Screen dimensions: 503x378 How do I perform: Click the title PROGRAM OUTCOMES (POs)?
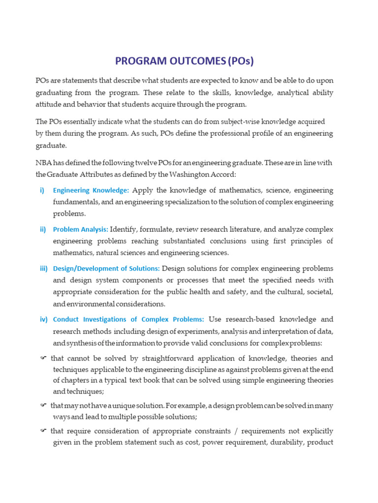(184, 61)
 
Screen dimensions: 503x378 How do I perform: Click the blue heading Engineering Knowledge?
(91, 190)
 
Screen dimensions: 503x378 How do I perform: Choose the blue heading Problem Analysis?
(81, 229)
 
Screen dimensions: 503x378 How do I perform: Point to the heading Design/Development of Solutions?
(106, 269)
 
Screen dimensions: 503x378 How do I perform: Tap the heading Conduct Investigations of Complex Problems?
(128, 319)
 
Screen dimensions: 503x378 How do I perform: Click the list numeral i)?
(42, 190)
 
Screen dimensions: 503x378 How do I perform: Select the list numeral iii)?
(43, 269)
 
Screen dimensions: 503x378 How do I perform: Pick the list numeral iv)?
(43, 319)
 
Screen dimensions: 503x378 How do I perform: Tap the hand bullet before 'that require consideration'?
(43, 431)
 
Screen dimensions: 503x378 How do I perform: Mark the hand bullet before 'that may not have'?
(43, 405)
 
